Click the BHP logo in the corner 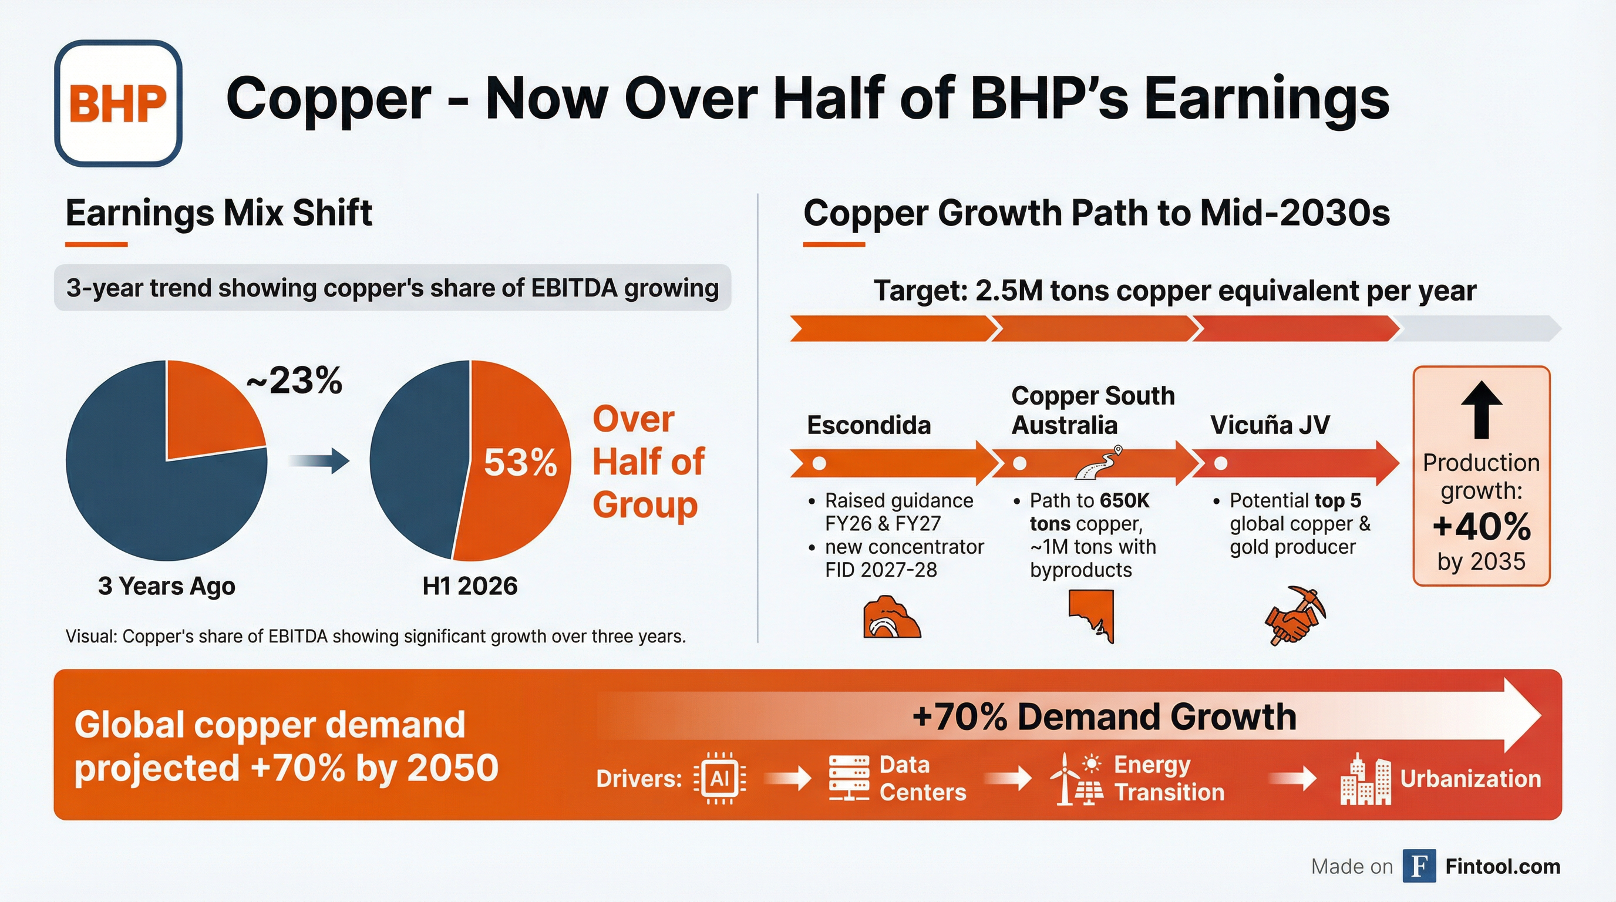tap(118, 103)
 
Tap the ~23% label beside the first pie tap(294, 380)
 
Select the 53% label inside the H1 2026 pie tap(520, 463)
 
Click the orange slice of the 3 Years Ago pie tap(207, 414)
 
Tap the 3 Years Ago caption tap(166, 586)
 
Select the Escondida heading tap(869, 425)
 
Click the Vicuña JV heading tap(1270, 425)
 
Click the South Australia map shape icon tap(1092, 615)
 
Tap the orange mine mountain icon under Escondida tap(891, 618)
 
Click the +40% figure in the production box tap(1481, 526)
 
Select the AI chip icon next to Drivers tap(719, 779)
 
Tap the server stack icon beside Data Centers tap(849, 779)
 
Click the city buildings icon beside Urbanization tap(1365, 780)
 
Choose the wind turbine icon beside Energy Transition tap(1065, 779)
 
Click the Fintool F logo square tap(1419, 866)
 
